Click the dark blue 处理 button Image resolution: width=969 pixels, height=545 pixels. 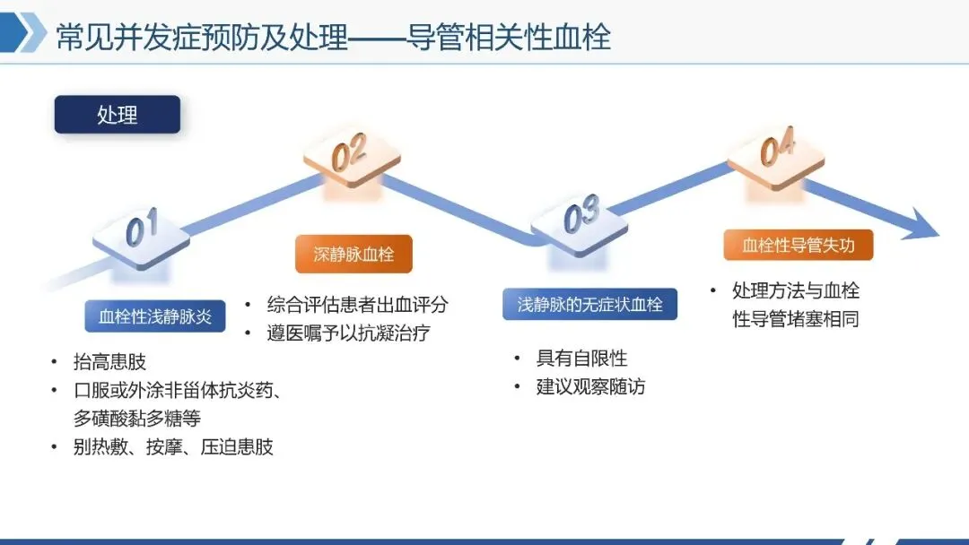[x=117, y=115]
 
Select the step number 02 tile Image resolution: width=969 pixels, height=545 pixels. [x=351, y=156]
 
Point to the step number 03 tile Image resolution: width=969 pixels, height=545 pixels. [x=580, y=219]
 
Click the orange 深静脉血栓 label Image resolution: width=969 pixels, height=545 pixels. [x=354, y=254]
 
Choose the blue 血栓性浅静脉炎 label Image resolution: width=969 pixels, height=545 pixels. [x=155, y=316]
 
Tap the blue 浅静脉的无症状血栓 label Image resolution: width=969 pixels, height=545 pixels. [x=589, y=305]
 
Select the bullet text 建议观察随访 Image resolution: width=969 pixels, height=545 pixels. [x=590, y=387]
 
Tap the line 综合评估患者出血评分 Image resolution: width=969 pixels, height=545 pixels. [x=357, y=305]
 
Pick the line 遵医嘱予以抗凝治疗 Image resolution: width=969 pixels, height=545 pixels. [x=348, y=333]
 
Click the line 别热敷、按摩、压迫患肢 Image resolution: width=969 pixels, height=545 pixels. [x=172, y=447]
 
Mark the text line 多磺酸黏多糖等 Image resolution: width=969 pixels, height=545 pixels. [x=136, y=419]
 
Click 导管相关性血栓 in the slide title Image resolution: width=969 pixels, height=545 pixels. [x=509, y=38]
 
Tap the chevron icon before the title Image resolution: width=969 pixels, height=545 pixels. [x=31, y=36]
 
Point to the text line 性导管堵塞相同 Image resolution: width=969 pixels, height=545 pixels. [x=796, y=319]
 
